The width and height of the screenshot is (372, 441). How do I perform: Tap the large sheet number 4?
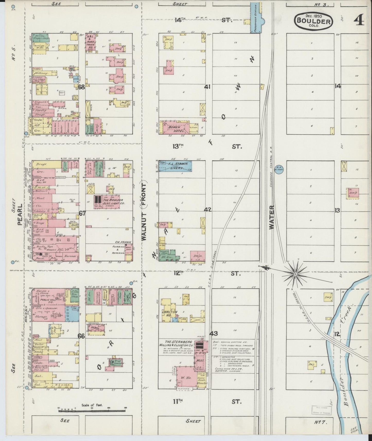(x=359, y=20)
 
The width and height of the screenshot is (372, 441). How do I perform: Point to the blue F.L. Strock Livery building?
(x=175, y=166)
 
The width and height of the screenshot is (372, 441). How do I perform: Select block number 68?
(x=81, y=87)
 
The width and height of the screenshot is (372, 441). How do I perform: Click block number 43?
(x=213, y=334)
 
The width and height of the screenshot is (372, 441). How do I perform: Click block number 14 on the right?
(x=338, y=86)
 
